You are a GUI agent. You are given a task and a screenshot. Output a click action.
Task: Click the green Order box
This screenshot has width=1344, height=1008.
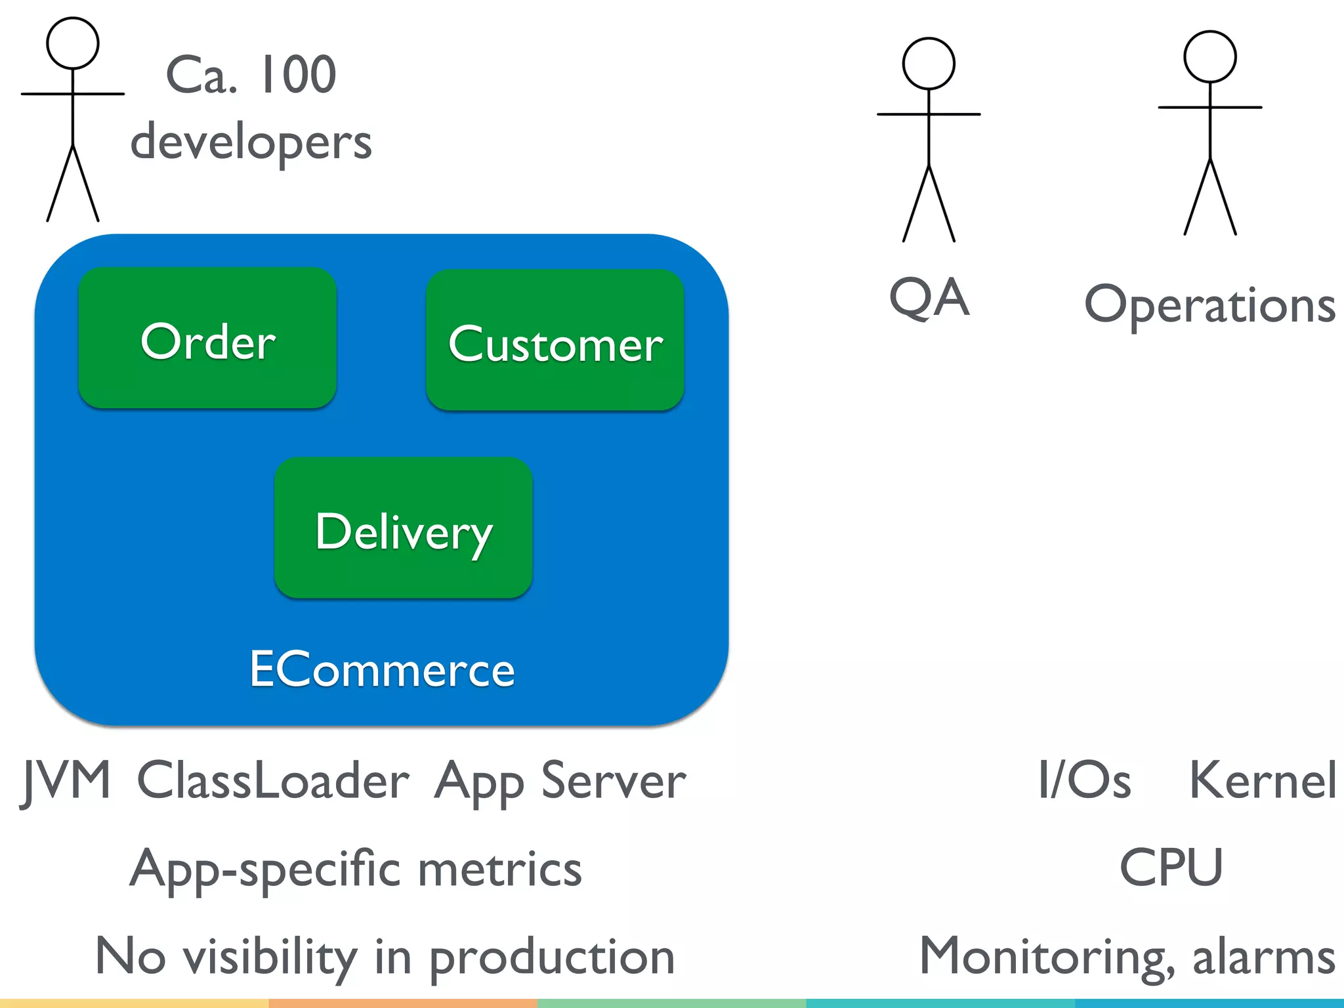(207, 339)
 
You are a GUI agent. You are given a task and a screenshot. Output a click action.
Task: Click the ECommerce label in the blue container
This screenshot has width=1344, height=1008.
(382, 669)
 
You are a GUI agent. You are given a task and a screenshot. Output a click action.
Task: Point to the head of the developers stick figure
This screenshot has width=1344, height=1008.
(73, 43)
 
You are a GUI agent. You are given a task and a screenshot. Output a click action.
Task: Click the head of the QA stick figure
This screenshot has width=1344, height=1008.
(929, 64)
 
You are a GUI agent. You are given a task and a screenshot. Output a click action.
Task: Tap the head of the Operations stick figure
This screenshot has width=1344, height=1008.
(1209, 57)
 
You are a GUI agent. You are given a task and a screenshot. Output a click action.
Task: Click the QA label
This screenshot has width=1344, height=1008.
(929, 297)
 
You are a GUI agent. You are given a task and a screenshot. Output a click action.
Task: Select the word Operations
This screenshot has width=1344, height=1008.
(1209, 306)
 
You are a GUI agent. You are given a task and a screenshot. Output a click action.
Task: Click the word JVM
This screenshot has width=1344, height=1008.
(66, 781)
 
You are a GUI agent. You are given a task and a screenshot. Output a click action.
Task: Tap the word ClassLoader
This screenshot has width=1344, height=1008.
(273, 781)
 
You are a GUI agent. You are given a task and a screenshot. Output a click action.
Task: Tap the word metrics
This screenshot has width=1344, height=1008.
(500, 870)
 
